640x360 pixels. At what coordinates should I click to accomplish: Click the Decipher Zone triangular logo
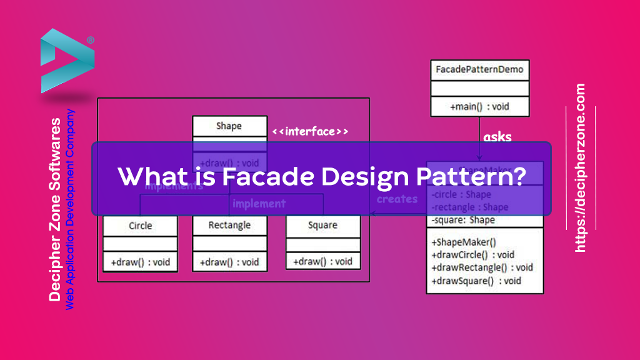pyautogui.click(x=66, y=60)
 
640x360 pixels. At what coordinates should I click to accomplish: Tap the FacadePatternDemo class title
pyautogui.click(x=479, y=69)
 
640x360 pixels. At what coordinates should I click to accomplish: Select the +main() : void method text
pyautogui.click(x=479, y=106)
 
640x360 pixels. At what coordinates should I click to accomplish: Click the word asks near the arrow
pyautogui.click(x=497, y=137)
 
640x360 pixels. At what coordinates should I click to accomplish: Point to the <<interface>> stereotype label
pyautogui.click(x=310, y=132)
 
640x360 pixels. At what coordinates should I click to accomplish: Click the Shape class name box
pyautogui.click(x=229, y=126)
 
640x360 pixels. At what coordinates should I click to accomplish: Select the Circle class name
pyautogui.click(x=140, y=225)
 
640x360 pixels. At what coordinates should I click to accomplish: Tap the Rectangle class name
pyautogui.click(x=229, y=225)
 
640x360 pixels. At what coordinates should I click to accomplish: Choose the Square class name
pyautogui.click(x=322, y=225)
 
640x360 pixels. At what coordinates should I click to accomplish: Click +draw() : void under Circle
pyautogui.click(x=140, y=262)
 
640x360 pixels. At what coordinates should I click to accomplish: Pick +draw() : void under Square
pyautogui.click(x=322, y=262)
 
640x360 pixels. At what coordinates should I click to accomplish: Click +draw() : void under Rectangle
pyautogui.click(x=229, y=262)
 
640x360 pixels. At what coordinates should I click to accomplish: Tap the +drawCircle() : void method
pyautogui.click(x=472, y=254)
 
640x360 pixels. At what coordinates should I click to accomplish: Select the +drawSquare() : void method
pyautogui.click(x=476, y=281)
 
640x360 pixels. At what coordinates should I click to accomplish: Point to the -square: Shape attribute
pyautogui.click(x=463, y=219)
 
